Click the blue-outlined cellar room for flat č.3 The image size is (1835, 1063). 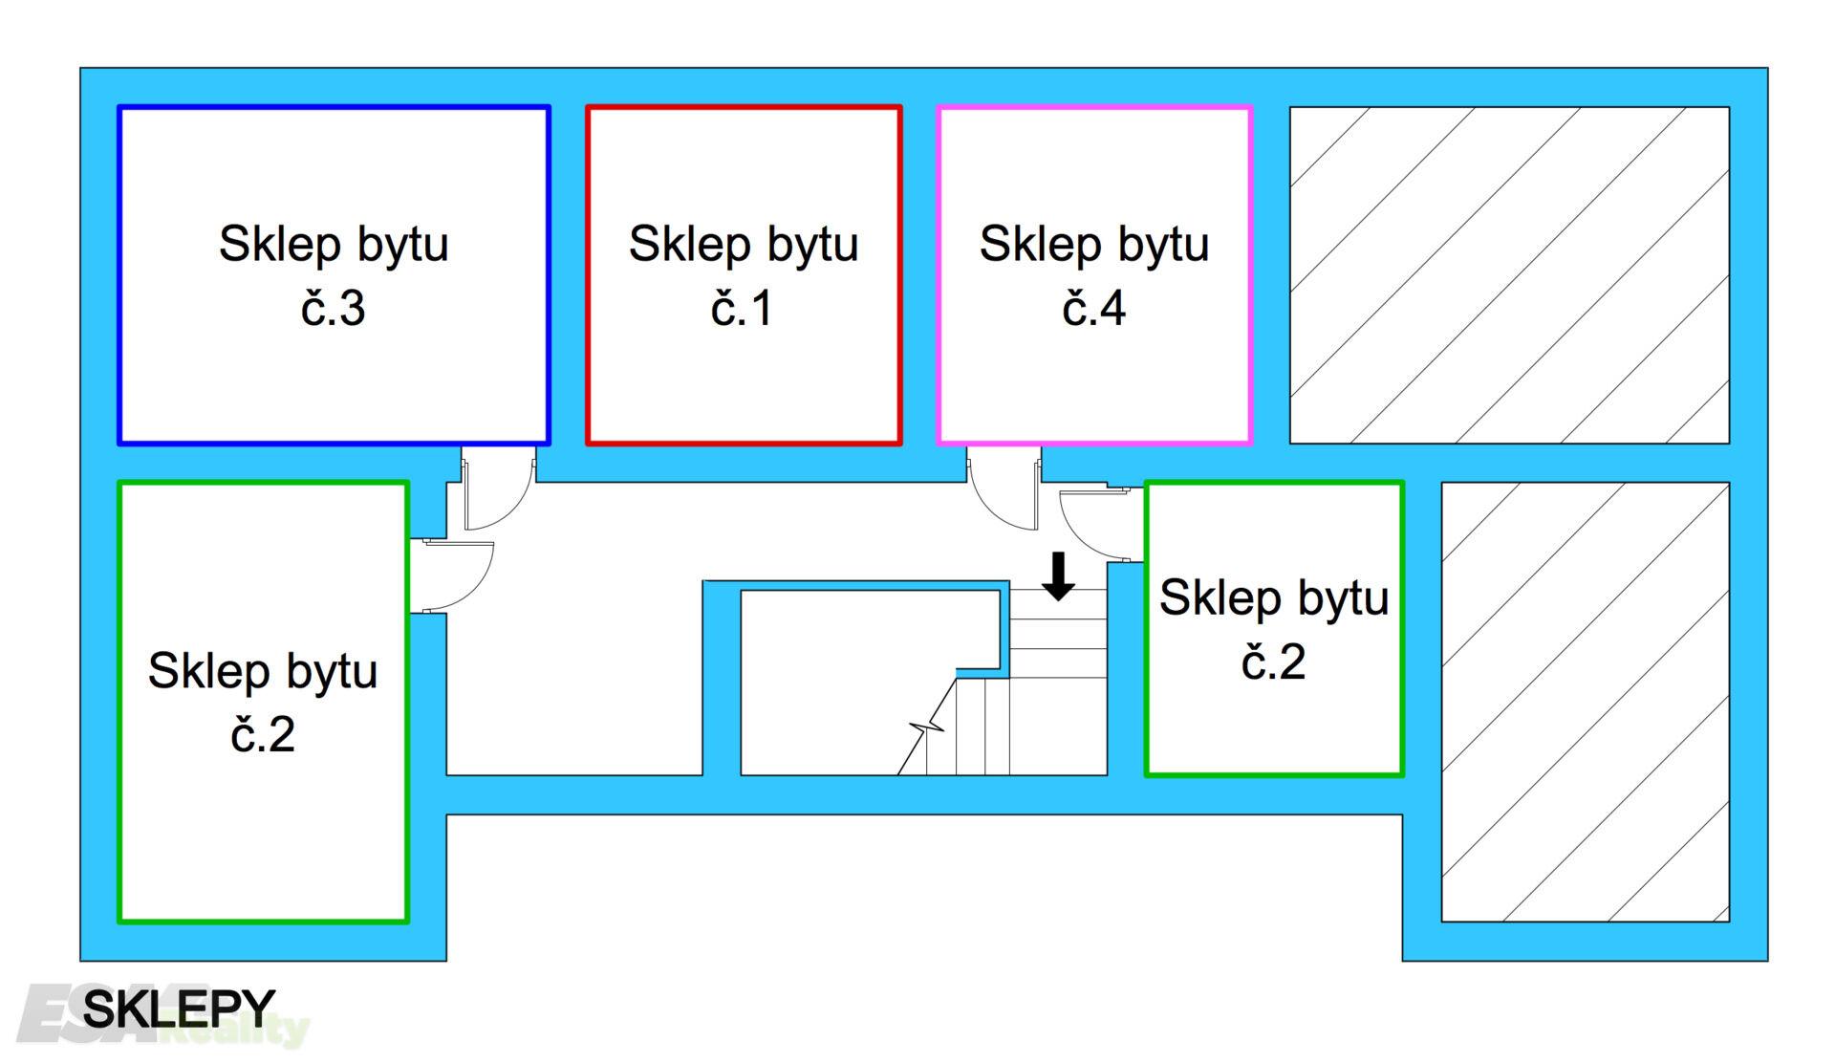(x=334, y=382)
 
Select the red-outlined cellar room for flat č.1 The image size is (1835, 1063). (x=744, y=382)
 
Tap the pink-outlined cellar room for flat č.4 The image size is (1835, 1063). (x=1094, y=382)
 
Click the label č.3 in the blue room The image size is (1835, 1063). (x=333, y=309)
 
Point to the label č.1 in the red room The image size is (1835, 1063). (x=742, y=309)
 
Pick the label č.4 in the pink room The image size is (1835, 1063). (x=1093, y=309)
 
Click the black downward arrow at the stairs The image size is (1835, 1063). (x=1058, y=576)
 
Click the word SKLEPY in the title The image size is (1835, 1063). (x=179, y=1009)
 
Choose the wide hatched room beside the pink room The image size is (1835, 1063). (x=1509, y=275)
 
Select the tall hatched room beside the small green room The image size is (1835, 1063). (x=1585, y=702)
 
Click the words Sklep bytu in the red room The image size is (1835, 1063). (x=744, y=244)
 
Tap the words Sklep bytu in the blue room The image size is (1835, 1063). (x=334, y=244)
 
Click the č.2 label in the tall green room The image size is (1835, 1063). (x=263, y=735)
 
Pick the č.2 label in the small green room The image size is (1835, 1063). (x=1273, y=662)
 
